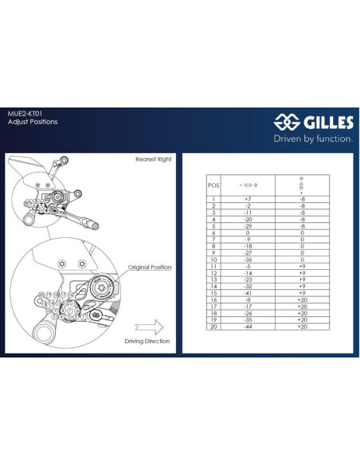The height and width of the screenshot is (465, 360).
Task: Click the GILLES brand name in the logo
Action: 326,123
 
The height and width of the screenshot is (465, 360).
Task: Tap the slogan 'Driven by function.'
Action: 313,138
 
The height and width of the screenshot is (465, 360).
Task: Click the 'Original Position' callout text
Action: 150,268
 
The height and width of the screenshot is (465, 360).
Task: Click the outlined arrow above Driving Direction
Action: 149,326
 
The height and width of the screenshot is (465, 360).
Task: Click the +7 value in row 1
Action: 248,198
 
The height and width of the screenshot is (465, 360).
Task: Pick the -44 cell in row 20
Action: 248,326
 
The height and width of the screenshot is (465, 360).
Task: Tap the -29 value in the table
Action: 248,225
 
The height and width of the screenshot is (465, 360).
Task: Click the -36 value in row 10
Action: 248,259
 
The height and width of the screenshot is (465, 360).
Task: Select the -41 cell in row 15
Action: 248,293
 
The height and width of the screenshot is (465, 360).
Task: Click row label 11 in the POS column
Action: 213,266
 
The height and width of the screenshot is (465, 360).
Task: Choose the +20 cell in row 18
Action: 302,313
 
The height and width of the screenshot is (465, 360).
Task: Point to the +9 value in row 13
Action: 302,279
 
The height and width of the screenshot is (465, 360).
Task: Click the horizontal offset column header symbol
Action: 248,183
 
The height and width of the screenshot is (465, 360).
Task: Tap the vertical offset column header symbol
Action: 302,183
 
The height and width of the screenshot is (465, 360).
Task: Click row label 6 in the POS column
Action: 213,232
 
